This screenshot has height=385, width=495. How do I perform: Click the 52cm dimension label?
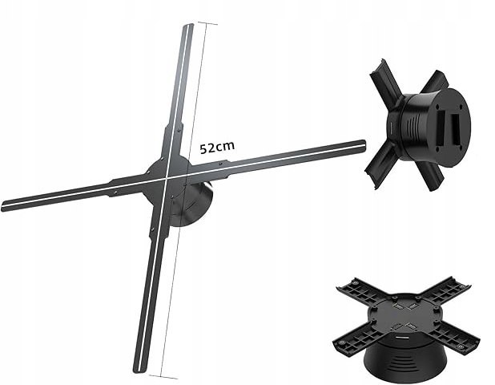click(217, 148)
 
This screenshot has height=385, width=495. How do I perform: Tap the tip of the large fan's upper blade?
click(188, 25)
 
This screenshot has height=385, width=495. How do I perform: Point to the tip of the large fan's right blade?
click(364, 144)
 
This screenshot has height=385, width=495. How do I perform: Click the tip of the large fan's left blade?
click(3, 206)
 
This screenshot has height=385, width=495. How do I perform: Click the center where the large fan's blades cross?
click(166, 177)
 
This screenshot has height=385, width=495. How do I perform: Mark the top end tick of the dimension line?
click(207, 23)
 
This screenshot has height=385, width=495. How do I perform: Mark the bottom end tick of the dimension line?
click(163, 376)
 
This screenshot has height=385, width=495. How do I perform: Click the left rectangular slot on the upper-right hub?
click(441, 129)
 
